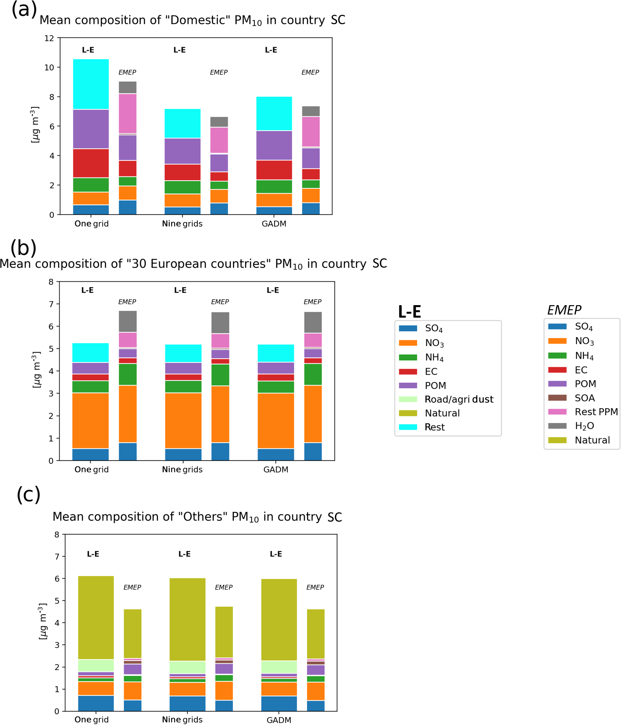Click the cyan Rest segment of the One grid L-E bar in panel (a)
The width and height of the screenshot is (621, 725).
[x=91, y=84]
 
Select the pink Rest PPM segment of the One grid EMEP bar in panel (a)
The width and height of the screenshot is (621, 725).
[x=128, y=113]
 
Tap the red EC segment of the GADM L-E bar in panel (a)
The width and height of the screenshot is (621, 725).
[x=274, y=170]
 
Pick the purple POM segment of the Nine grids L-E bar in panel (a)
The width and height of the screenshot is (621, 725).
[x=182, y=151]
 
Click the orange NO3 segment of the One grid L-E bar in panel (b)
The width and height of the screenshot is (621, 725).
[x=90, y=420]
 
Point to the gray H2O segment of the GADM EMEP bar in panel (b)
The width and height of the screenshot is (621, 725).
[x=313, y=322]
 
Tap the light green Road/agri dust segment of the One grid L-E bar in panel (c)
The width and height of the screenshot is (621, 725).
[x=96, y=665]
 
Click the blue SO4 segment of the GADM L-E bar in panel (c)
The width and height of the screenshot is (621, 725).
[x=279, y=703]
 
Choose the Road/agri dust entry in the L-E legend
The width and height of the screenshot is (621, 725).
[x=459, y=399]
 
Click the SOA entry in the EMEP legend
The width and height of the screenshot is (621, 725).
[x=584, y=398]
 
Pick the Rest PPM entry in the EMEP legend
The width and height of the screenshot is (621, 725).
[x=596, y=412]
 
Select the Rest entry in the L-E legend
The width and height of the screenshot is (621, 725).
[x=435, y=427]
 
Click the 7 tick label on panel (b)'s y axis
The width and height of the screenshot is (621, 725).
[x=51, y=304]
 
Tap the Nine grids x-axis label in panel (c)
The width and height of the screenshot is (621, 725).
[x=182, y=720]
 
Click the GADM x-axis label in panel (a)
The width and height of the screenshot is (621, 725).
[x=274, y=224]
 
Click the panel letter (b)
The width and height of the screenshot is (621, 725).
[x=23, y=248]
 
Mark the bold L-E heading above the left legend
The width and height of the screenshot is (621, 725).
[x=409, y=311]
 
